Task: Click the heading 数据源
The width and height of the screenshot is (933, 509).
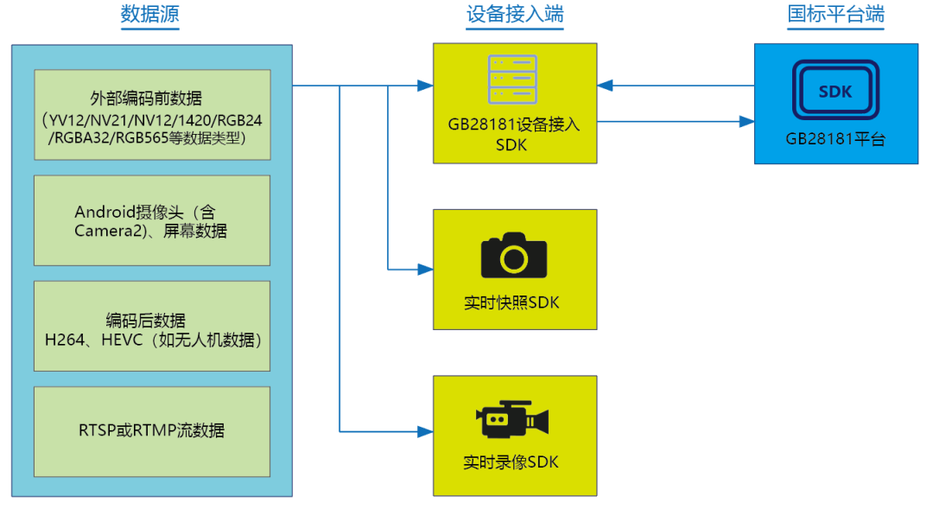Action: pyautogui.click(x=150, y=14)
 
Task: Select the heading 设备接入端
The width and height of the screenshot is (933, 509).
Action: pyautogui.click(x=515, y=14)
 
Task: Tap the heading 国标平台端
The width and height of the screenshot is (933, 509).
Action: pyautogui.click(x=835, y=14)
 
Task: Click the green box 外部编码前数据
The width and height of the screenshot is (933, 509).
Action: pyautogui.click(x=152, y=115)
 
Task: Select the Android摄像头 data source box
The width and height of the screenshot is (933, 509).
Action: pyautogui.click(x=152, y=220)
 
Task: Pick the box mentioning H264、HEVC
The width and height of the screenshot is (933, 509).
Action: pyautogui.click(x=152, y=326)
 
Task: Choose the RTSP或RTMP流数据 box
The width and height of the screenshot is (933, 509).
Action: pyautogui.click(x=152, y=430)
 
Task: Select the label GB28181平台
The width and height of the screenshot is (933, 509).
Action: pyautogui.click(x=835, y=139)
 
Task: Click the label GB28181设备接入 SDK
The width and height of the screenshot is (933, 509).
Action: pyautogui.click(x=513, y=134)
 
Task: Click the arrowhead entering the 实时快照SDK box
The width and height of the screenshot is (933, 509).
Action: pyautogui.click(x=425, y=270)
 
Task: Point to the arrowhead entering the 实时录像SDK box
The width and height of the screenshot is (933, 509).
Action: pyautogui.click(x=425, y=430)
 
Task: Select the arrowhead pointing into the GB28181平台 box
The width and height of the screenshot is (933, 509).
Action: pyautogui.click(x=746, y=122)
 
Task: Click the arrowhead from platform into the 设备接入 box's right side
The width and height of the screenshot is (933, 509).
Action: pyautogui.click(x=605, y=86)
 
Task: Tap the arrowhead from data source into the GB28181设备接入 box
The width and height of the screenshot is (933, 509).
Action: pyautogui.click(x=425, y=86)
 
